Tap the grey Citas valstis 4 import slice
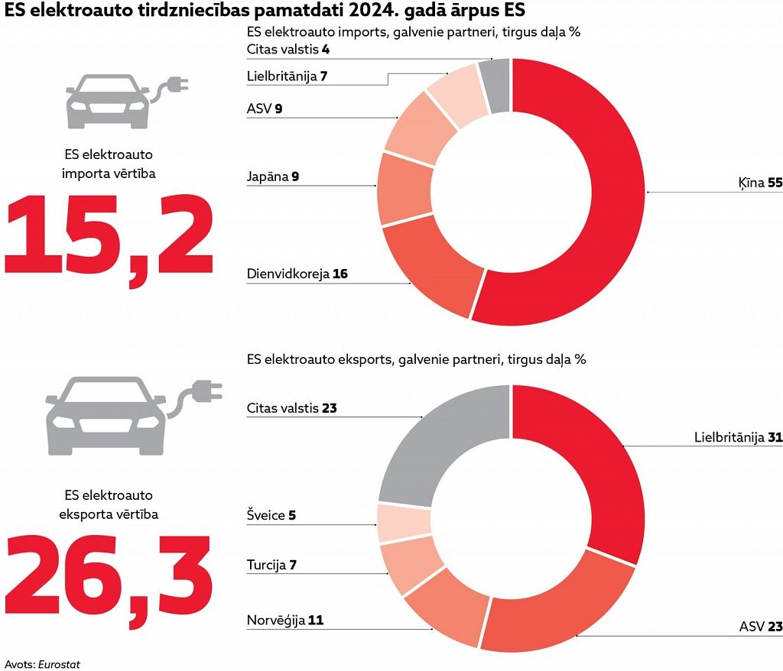[x=496, y=86]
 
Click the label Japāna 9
[x=272, y=177]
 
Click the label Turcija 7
[x=271, y=566]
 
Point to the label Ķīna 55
[x=761, y=184]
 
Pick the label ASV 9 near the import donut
[x=265, y=109]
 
